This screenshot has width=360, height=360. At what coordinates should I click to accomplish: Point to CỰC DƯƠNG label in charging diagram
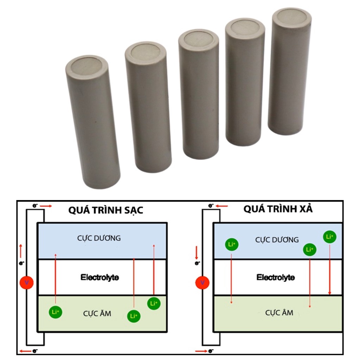point(99,238)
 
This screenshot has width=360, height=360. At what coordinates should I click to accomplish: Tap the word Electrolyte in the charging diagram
point(99,277)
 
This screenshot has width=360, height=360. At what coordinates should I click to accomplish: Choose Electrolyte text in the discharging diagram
point(276,277)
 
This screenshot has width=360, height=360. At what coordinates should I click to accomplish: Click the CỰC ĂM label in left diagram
point(97,313)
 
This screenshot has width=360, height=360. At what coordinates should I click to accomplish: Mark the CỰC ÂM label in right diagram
point(279,313)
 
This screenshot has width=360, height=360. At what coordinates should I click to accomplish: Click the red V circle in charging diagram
point(26,282)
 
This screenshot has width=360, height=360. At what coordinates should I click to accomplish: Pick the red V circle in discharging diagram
point(202,282)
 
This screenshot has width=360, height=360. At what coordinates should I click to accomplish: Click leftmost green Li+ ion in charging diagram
point(56,312)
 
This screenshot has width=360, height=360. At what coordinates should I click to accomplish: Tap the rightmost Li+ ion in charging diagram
point(154,303)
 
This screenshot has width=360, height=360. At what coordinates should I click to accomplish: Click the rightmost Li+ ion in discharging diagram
point(329,237)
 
